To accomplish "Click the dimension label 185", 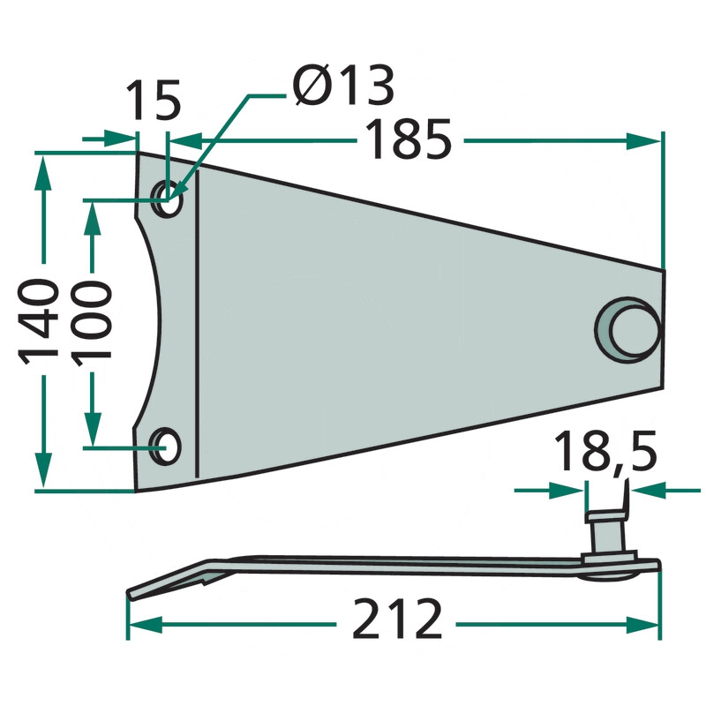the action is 408,139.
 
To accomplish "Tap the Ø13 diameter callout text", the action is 343,86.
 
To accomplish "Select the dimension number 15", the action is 153,100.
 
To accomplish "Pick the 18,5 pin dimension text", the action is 605,452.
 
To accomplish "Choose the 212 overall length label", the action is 396,619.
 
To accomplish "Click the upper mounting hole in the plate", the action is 168,199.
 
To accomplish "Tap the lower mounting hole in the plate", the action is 165,447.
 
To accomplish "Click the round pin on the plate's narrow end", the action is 628,329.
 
